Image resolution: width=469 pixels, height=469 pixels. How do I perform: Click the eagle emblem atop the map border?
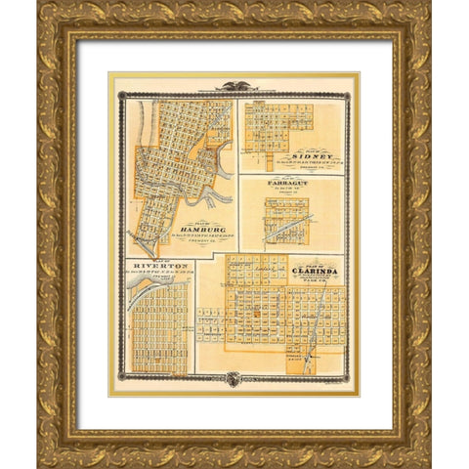click(234, 86)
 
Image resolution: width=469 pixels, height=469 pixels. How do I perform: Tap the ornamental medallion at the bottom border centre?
click(234, 379)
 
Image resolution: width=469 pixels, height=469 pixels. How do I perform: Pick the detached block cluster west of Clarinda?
click(210, 323)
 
